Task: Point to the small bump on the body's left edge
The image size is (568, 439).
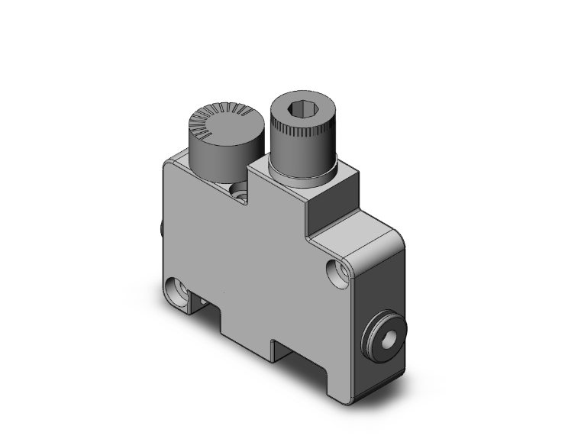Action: tap(162, 229)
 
